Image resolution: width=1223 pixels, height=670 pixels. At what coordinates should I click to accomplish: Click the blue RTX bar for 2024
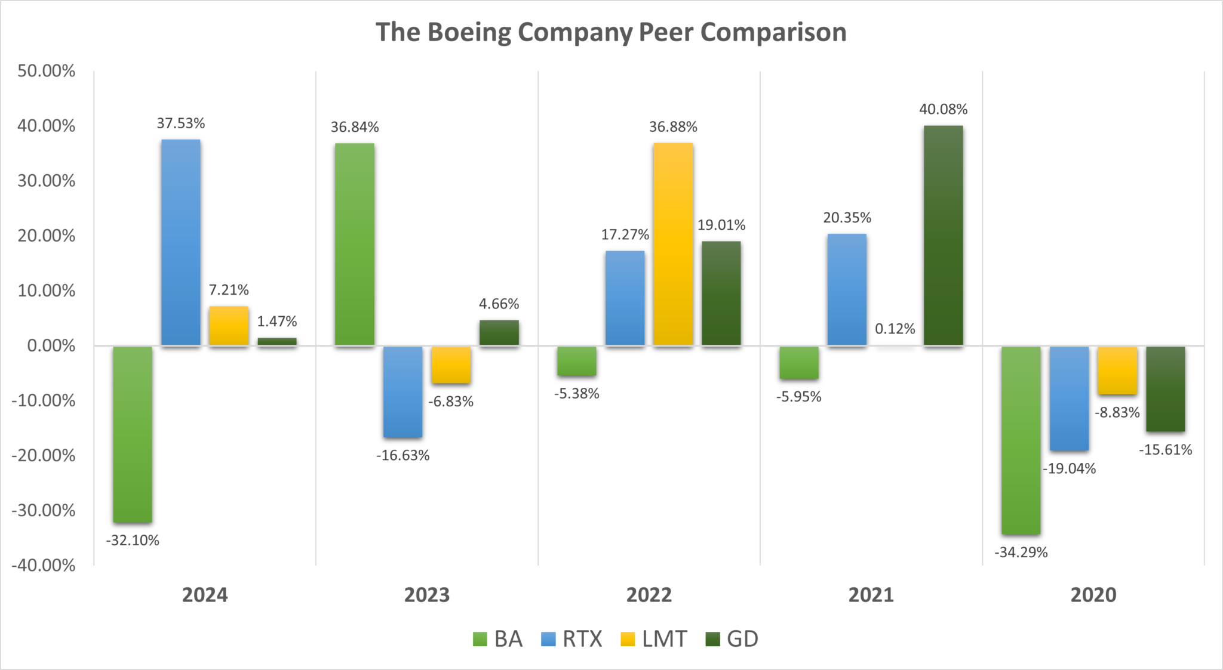pyautogui.click(x=181, y=242)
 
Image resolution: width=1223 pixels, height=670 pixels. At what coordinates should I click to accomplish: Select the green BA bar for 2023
pyautogui.click(x=355, y=244)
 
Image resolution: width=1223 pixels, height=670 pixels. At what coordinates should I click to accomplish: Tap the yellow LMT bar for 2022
pyautogui.click(x=673, y=244)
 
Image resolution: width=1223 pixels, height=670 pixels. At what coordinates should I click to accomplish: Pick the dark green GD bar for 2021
pyautogui.click(x=943, y=235)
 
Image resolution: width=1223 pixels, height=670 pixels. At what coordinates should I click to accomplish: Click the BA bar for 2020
pyautogui.click(x=1021, y=440)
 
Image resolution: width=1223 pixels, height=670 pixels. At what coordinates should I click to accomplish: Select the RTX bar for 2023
pyautogui.click(x=403, y=391)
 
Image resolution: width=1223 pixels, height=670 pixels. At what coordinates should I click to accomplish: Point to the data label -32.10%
pyautogui.click(x=133, y=541)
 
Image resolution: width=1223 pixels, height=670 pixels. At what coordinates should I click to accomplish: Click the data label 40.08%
pyautogui.click(x=943, y=109)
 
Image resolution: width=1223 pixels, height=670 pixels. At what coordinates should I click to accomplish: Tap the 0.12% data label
pyautogui.click(x=895, y=329)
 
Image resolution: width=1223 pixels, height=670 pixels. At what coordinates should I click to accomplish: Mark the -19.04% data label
pyautogui.click(x=1069, y=469)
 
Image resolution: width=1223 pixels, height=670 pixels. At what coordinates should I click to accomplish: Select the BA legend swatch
pyautogui.click(x=480, y=639)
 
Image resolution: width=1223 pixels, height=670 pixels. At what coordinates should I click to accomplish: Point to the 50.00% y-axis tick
pyautogui.click(x=47, y=71)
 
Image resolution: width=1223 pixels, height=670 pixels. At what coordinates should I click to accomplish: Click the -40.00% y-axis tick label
pyautogui.click(x=44, y=565)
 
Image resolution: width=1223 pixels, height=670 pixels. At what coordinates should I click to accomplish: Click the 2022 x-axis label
pyautogui.click(x=649, y=595)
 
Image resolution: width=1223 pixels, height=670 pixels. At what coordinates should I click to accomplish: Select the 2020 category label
pyautogui.click(x=1093, y=595)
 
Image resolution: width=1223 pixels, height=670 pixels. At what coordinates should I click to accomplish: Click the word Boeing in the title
pyautogui.click(x=469, y=32)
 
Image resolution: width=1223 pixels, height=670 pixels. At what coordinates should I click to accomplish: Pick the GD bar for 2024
pyautogui.click(x=277, y=341)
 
